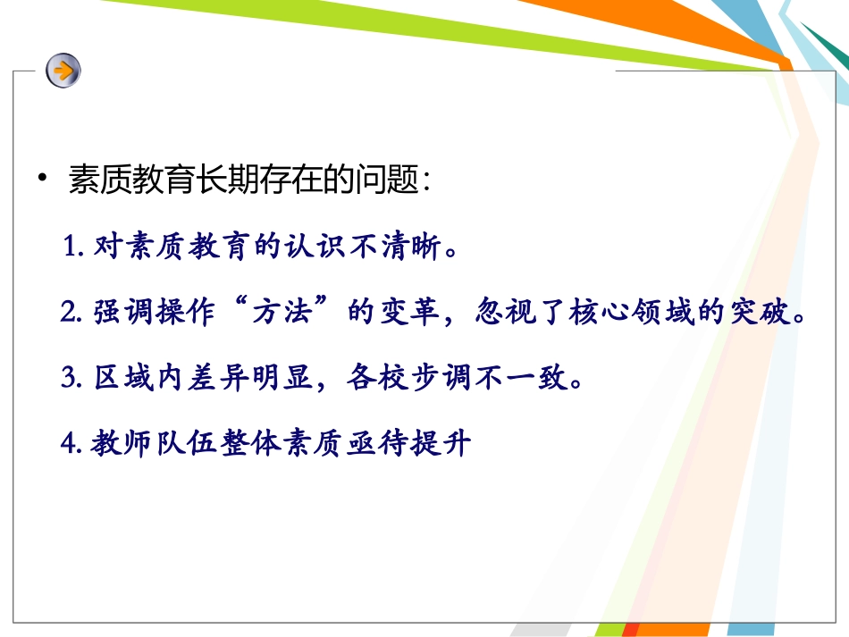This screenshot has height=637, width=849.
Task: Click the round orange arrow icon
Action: (63, 69)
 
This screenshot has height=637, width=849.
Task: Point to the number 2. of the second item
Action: (73, 314)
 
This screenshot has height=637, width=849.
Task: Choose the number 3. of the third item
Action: (73, 379)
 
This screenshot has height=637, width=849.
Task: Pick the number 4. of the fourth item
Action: (73, 444)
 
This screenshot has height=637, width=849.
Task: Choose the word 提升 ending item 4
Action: (444, 444)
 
